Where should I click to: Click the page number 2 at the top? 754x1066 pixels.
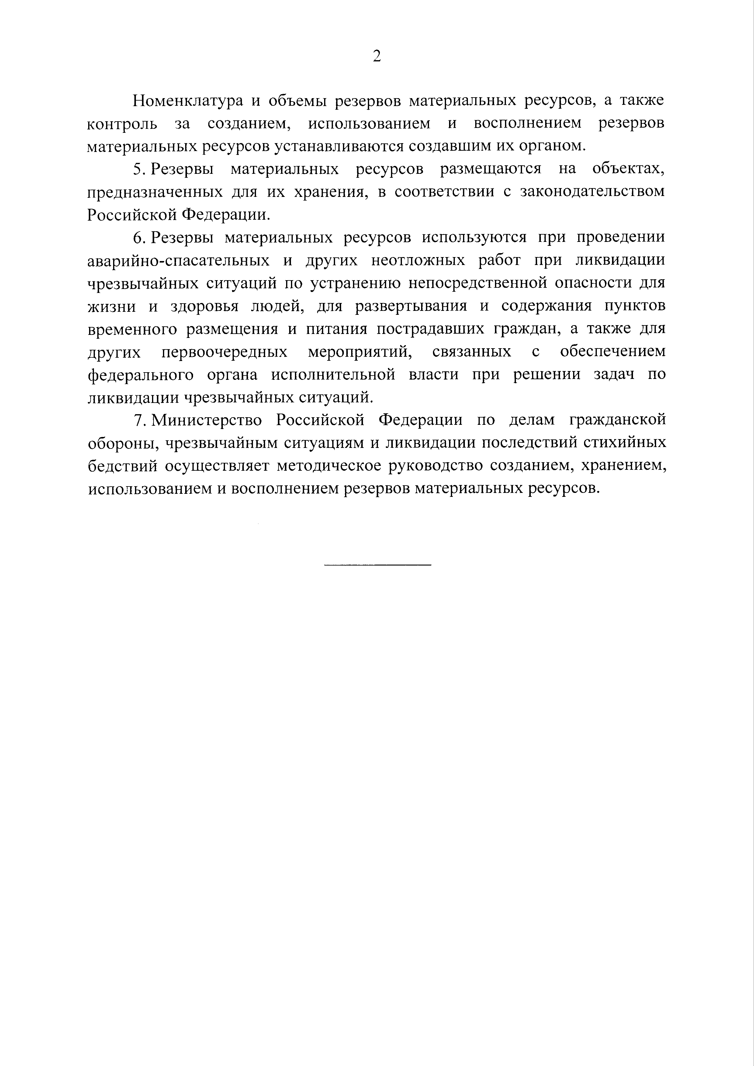(x=377, y=56)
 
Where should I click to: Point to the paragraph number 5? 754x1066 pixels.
(x=138, y=170)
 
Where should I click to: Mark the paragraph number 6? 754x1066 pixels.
(x=138, y=238)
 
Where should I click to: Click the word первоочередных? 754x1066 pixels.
(x=224, y=352)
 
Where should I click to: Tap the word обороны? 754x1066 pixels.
(x=120, y=443)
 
